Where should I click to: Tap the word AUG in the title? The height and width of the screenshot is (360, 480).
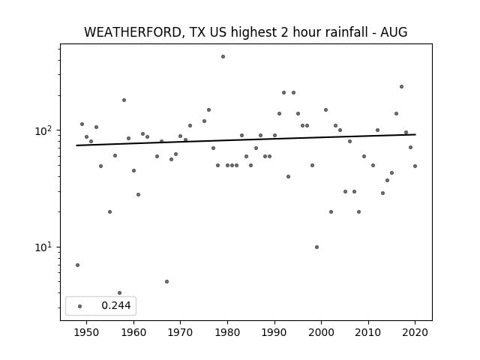point(394,32)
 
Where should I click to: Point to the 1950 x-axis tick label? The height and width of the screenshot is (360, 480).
point(87,332)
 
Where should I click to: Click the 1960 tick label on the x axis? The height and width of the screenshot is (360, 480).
point(133,332)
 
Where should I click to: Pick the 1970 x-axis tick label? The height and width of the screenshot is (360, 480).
point(180,332)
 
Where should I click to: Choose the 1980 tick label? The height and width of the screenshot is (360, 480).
point(227,332)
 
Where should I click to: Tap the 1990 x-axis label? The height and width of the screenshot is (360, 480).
point(274,332)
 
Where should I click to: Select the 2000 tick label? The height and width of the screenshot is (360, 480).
point(322,332)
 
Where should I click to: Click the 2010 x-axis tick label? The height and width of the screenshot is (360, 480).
point(368,332)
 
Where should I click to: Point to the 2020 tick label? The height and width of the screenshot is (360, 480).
point(415,332)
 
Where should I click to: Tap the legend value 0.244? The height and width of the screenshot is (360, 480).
point(116,305)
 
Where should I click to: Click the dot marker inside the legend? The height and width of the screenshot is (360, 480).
point(80,306)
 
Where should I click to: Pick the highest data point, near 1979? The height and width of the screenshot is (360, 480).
point(223,57)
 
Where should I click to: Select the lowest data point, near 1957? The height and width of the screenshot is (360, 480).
point(120,293)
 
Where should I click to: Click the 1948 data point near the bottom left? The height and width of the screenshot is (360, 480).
point(77,265)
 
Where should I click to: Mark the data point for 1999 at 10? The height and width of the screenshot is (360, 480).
point(316,247)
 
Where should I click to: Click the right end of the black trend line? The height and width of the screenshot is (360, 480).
point(415,134)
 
